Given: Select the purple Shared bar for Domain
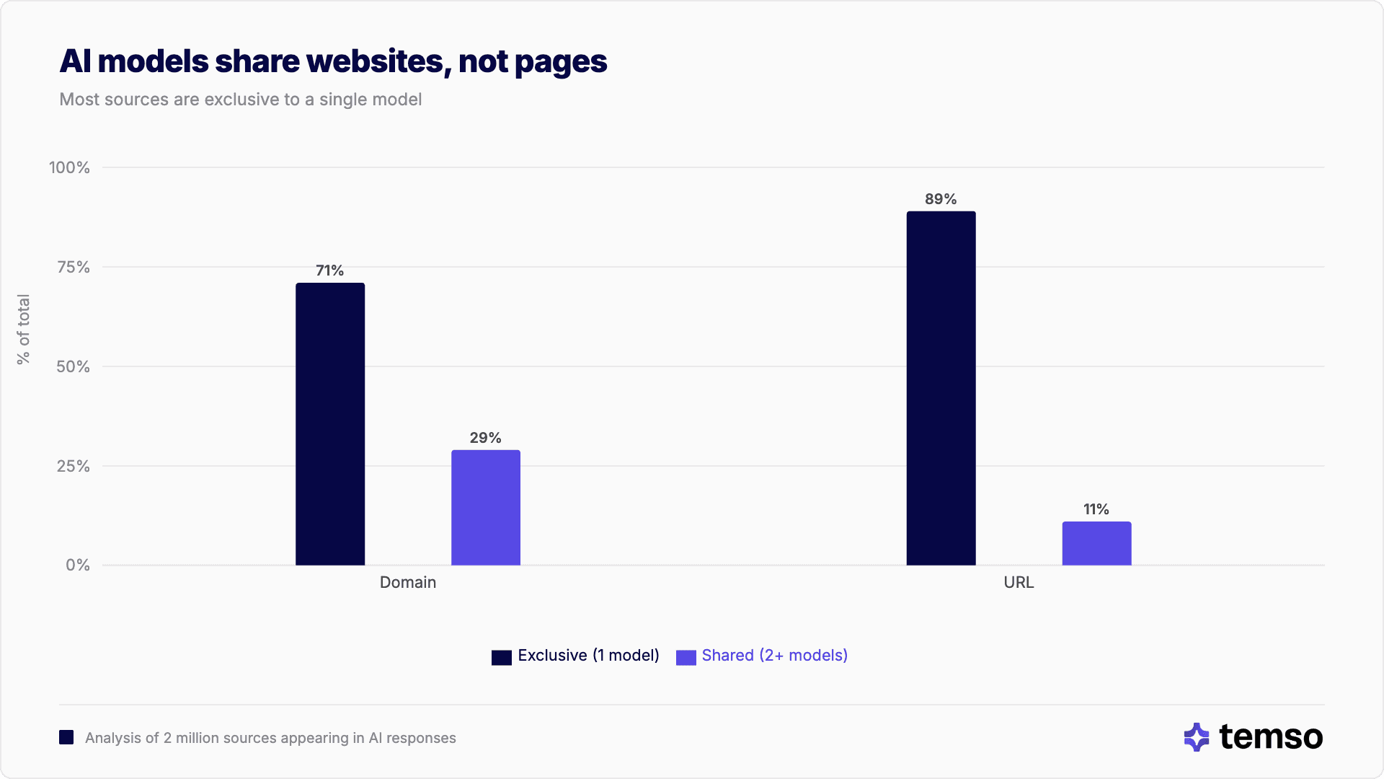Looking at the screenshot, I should point(486,508).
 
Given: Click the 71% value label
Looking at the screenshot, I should point(330,270).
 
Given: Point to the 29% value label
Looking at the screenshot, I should point(485,438).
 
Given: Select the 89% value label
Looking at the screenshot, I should point(941,199).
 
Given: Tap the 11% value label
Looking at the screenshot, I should point(1096,509).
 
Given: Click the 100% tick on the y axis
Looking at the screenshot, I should point(69,167).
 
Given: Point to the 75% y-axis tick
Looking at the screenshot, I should point(74,267).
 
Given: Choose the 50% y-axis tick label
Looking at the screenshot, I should point(74,366).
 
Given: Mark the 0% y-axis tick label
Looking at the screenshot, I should point(78,565).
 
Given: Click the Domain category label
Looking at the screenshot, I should point(408,582).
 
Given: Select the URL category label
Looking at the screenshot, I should point(1019,582).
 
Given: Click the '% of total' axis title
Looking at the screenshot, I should point(24,329).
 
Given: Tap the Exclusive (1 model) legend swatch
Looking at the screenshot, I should point(502,657).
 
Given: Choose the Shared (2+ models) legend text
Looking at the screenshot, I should point(774,655).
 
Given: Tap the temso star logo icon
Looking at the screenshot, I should point(1197,737).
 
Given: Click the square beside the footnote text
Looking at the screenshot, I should point(66,737).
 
